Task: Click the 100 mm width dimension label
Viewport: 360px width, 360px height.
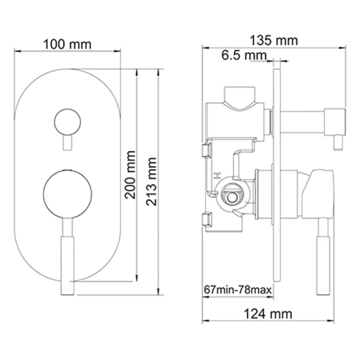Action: (x=67, y=44)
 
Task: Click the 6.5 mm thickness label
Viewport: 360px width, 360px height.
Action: (x=243, y=56)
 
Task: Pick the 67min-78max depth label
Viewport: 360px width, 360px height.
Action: (x=237, y=290)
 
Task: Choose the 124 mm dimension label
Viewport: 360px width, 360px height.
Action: (x=268, y=313)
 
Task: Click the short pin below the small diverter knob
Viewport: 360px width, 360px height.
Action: (x=66, y=143)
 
